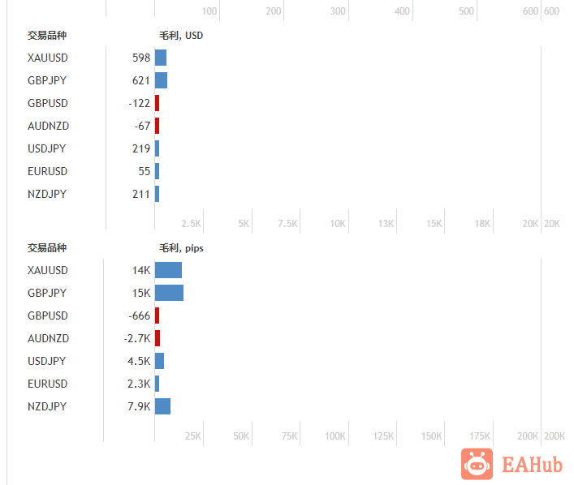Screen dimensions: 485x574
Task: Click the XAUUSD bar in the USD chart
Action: click(x=161, y=58)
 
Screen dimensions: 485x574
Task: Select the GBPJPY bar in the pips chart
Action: click(x=169, y=293)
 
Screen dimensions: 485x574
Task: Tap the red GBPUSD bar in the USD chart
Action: click(x=157, y=103)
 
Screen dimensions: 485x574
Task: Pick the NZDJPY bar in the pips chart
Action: click(x=162, y=406)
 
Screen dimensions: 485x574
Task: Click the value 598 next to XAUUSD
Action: click(x=141, y=58)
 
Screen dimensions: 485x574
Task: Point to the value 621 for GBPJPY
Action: click(x=141, y=80)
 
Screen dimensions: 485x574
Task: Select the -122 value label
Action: click(x=140, y=103)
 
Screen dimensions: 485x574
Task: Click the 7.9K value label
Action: click(x=139, y=406)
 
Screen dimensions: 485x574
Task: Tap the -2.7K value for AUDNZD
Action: click(x=137, y=338)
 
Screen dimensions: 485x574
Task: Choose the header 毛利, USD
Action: click(x=181, y=35)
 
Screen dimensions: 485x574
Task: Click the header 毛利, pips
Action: click(x=181, y=247)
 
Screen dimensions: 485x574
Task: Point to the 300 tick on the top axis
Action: click(x=339, y=11)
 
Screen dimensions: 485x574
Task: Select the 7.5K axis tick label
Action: click(x=289, y=224)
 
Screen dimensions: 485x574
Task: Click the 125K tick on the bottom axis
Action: click(x=383, y=436)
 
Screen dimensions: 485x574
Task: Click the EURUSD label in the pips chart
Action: click(x=47, y=384)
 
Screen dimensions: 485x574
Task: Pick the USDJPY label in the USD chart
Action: click(x=47, y=148)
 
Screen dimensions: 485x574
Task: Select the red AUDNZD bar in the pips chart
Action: click(x=158, y=338)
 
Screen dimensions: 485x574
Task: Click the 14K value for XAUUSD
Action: click(x=141, y=270)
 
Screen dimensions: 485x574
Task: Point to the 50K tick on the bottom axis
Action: click(x=241, y=436)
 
